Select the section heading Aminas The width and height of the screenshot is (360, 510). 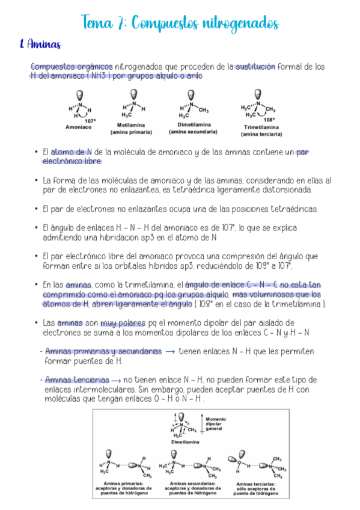tap(40, 45)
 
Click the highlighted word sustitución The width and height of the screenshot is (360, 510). tap(255, 67)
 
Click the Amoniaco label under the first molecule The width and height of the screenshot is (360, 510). tap(78, 127)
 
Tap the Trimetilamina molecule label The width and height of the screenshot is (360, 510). tap(261, 127)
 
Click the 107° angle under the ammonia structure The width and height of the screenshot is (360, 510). tap(91, 121)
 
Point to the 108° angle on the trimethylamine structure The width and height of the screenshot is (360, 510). tap(269, 119)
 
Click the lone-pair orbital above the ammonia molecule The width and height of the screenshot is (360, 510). tap(80, 95)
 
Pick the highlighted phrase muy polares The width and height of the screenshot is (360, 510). tap(123, 323)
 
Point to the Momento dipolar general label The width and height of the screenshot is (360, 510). tap(215, 423)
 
